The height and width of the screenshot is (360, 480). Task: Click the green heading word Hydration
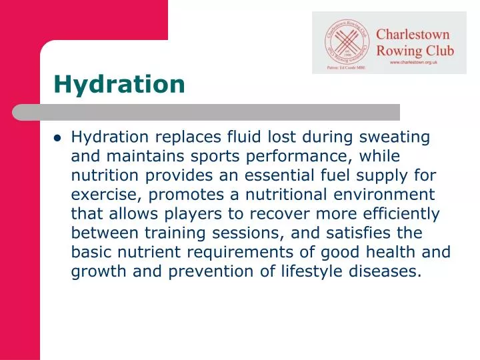coord(119,84)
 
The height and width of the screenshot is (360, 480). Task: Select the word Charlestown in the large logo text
coord(413,35)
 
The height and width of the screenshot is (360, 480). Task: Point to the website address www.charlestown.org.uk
coord(421,62)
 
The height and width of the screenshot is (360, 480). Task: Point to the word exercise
coord(107,195)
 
